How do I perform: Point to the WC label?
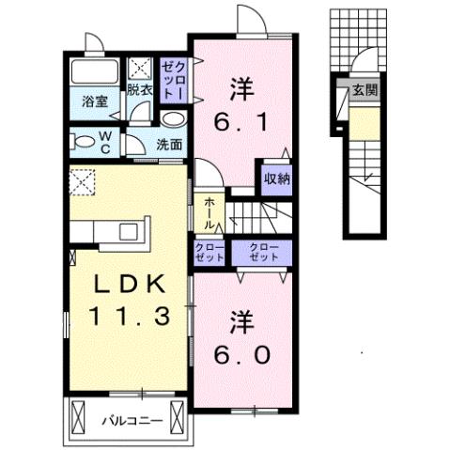click(x=105, y=142)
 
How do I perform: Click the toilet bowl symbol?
click(x=85, y=142)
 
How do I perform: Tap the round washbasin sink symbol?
click(x=172, y=120)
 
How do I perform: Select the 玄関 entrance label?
click(x=365, y=91)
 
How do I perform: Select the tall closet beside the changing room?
click(x=174, y=80)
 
